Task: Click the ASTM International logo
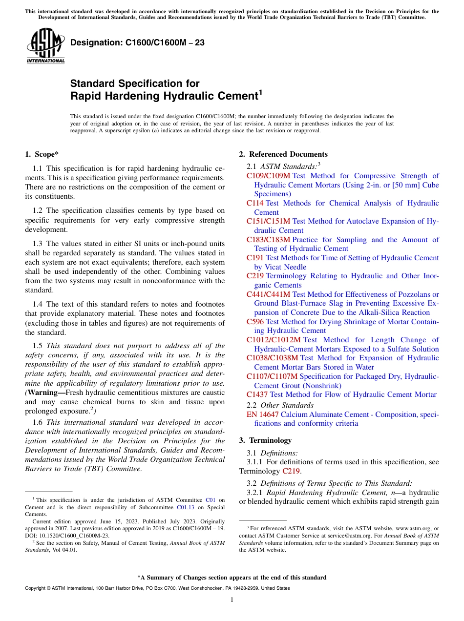click(x=45, y=46)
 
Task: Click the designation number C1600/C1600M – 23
click(x=137, y=43)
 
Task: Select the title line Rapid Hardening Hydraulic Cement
click(x=166, y=96)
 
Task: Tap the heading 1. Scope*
click(x=42, y=154)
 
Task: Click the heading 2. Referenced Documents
click(x=283, y=154)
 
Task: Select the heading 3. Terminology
click(x=265, y=440)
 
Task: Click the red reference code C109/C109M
click(x=268, y=176)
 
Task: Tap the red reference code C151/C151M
click(x=268, y=221)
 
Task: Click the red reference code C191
click(x=255, y=258)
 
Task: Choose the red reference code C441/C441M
click(x=268, y=294)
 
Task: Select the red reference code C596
click(x=255, y=322)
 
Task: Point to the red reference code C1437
click(x=257, y=394)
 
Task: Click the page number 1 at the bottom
click(x=232, y=600)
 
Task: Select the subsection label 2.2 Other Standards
click(x=280, y=405)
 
